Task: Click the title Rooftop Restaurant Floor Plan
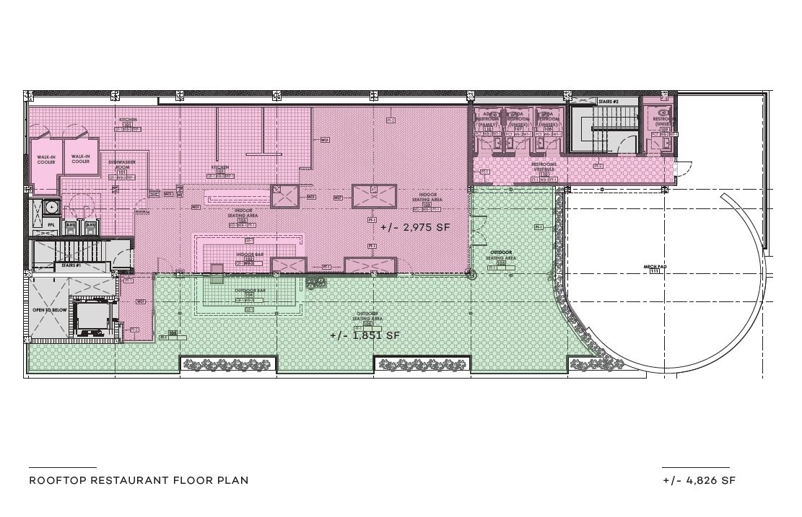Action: (x=139, y=480)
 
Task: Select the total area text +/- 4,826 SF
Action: (x=699, y=481)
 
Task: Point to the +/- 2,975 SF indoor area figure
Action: (x=415, y=228)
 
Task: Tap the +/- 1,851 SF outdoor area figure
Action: (x=365, y=336)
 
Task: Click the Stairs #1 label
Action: (x=70, y=266)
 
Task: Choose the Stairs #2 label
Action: (x=609, y=102)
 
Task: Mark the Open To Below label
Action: (x=50, y=310)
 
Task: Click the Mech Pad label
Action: (x=655, y=267)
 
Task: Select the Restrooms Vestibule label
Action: (x=544, y=167)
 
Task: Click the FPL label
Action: (x=51, y=225)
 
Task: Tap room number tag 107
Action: (x=518, y=129)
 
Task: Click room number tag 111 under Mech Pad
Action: (x=655, y=272)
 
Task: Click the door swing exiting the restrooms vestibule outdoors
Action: (x=681, y=170)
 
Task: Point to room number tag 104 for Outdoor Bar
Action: (x=248, y=296)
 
